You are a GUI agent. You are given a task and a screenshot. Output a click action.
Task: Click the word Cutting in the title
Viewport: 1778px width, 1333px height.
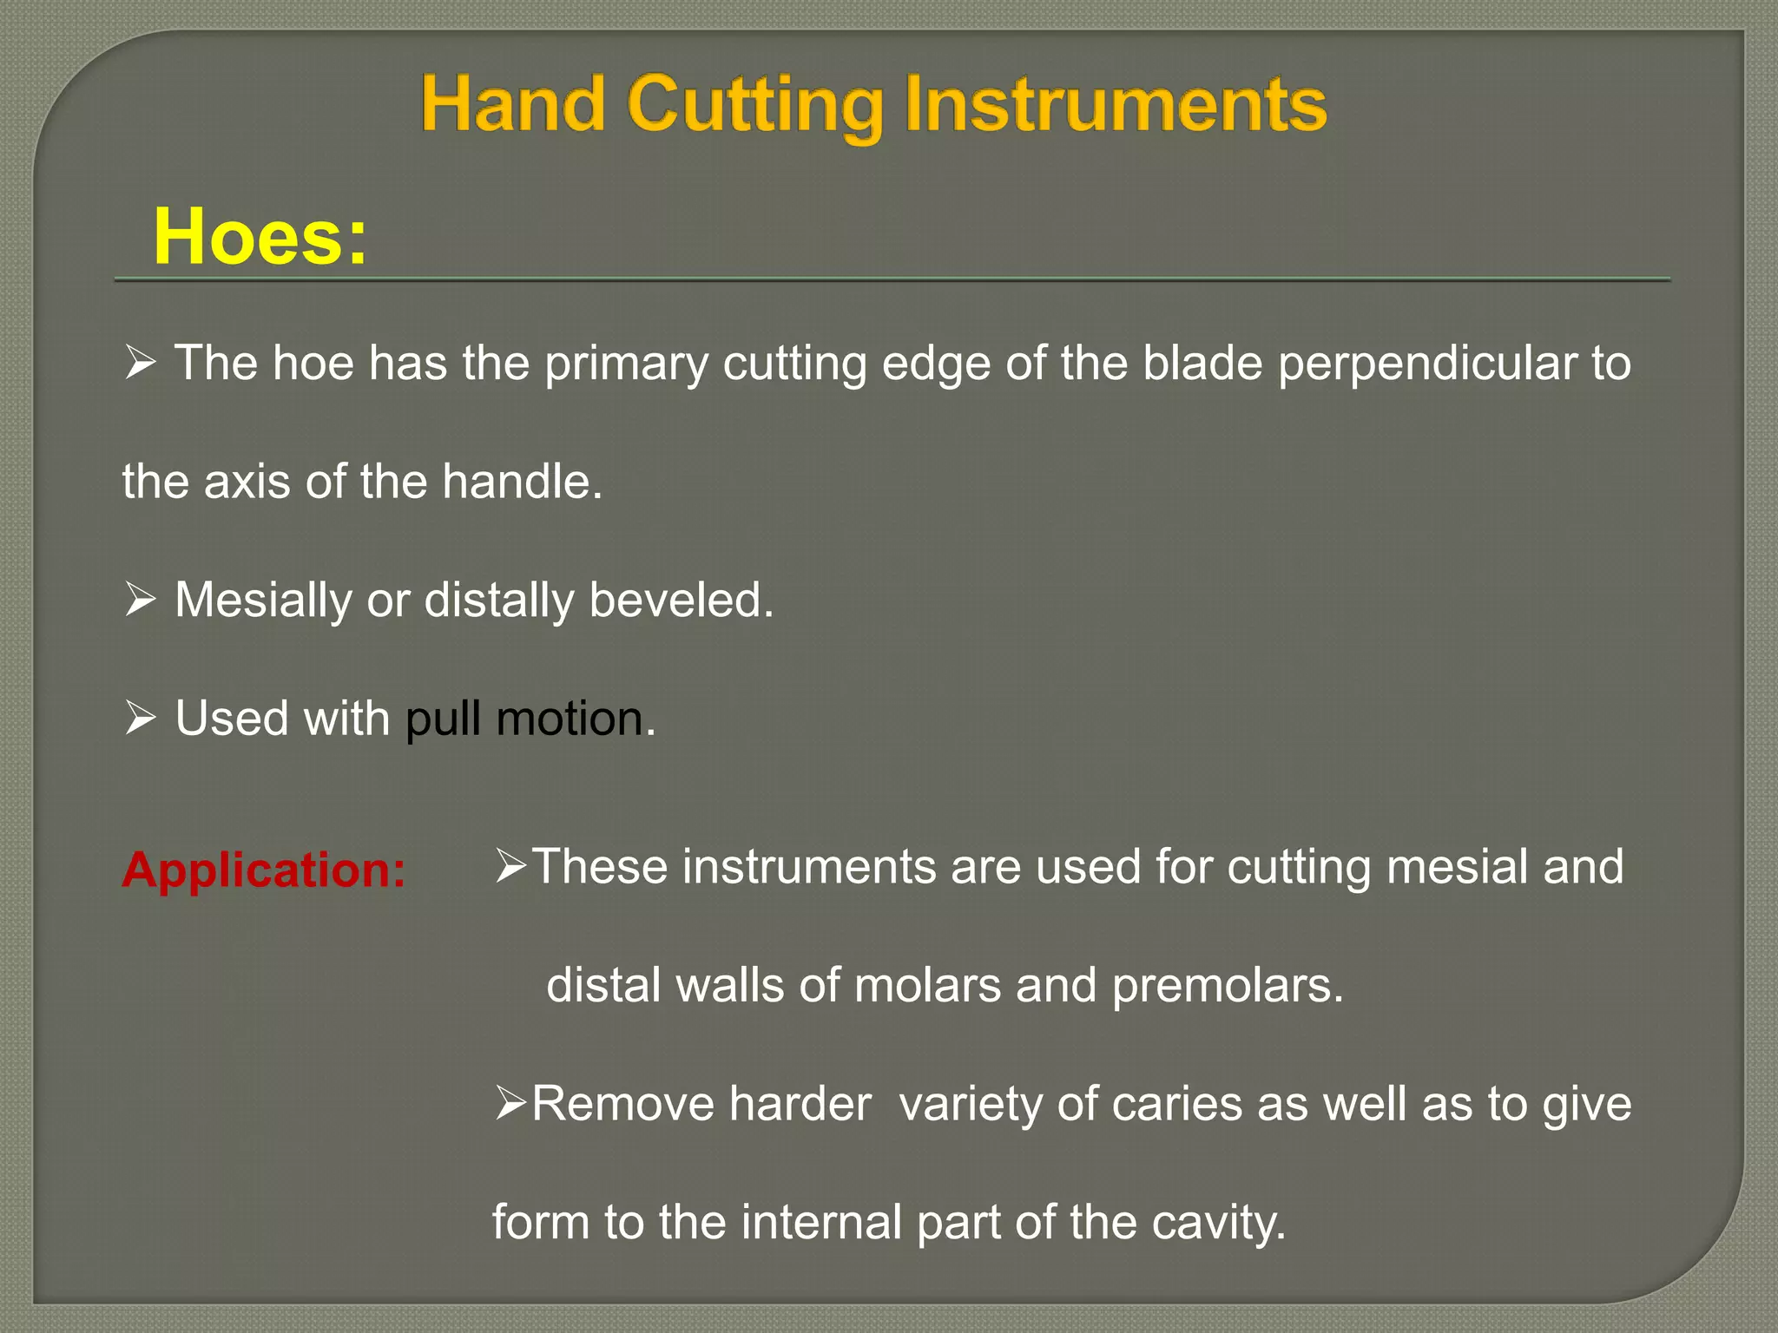pos(754,106)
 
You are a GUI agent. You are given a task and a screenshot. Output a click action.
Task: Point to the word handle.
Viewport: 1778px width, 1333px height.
pos(522,482)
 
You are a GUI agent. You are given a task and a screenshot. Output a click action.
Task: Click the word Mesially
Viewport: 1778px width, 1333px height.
pos(262,601)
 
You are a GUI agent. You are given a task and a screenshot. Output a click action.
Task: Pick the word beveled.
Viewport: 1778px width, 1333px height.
pos(681,600)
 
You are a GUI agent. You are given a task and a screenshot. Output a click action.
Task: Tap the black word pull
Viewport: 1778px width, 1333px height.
pos(443,719)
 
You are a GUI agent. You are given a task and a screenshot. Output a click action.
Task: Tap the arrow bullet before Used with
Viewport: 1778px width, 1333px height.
pos(140,719)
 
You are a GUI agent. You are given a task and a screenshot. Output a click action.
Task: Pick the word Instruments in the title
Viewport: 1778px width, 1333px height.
pos(1115,106)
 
